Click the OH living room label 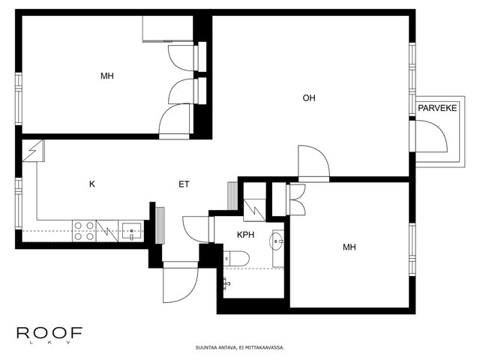tap(308, 98)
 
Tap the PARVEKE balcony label tap(437, 108)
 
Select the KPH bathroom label tap(245, 235)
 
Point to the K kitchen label tap(91, 184)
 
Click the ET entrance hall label tap(184, 184)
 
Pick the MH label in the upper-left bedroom tap(107, 76)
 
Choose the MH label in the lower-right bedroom tap(349, 247)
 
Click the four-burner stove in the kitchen tap(84, 231)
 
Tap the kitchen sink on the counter tap(132, 231)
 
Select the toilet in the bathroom tap(236, 259)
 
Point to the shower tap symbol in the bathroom tap(226, 283)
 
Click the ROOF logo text tap(49, 333)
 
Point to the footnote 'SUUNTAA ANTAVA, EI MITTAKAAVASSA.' tap(240, 348)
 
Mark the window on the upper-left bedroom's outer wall tap(19, 98)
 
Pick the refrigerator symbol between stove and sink tap(107, 231)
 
